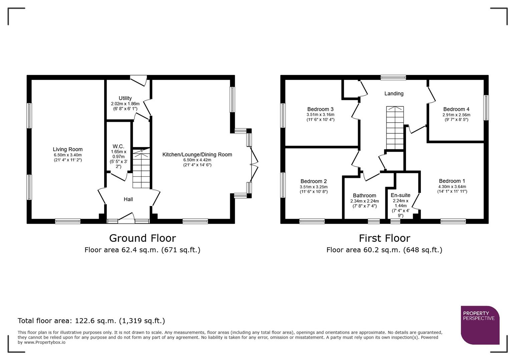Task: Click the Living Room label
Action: point(68,149)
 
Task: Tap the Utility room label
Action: point(125,98)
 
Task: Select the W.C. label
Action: point(118,146)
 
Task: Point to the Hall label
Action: point(128,199)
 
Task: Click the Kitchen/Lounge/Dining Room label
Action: point(197,155)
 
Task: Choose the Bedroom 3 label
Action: point(320,109)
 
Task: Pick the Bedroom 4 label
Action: point(456,109)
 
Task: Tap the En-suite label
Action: point(401,195)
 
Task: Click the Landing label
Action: point(394,94)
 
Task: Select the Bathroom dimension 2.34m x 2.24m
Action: point(365,201)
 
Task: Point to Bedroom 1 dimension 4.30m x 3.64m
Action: point(452,187)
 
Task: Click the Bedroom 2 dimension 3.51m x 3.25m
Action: point(314,187)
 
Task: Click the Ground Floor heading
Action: point(142,238)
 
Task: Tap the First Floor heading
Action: point(384,238)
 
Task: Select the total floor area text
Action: point(91,321)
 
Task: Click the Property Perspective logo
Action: point(480,325)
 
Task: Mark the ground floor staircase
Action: point(141,168)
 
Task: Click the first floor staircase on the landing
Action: point(395,128)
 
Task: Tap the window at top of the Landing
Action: point(394,78)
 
